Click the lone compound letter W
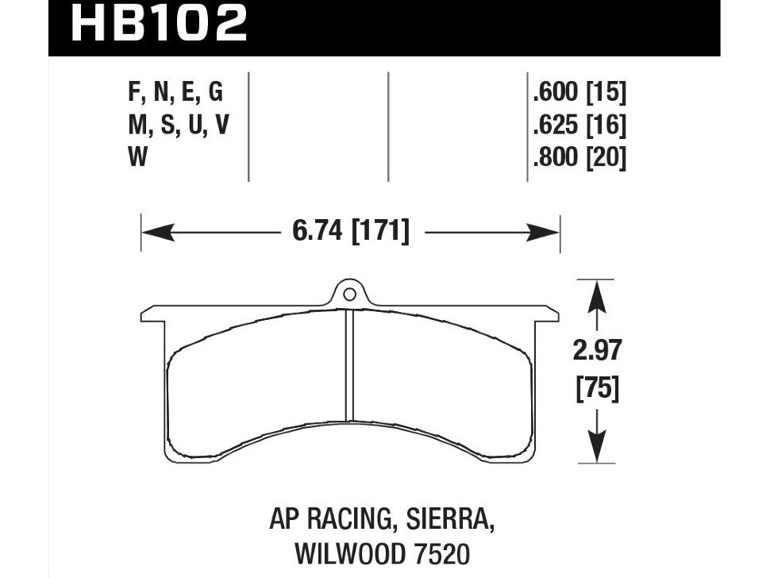(137, 158)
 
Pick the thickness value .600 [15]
(579, 94)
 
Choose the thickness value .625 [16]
(579, 125)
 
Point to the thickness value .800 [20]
(579, 158)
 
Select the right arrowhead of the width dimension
(549, 233)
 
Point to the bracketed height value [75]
(595, 390)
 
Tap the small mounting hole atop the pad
(348, 295)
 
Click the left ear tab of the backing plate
(151, 313)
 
